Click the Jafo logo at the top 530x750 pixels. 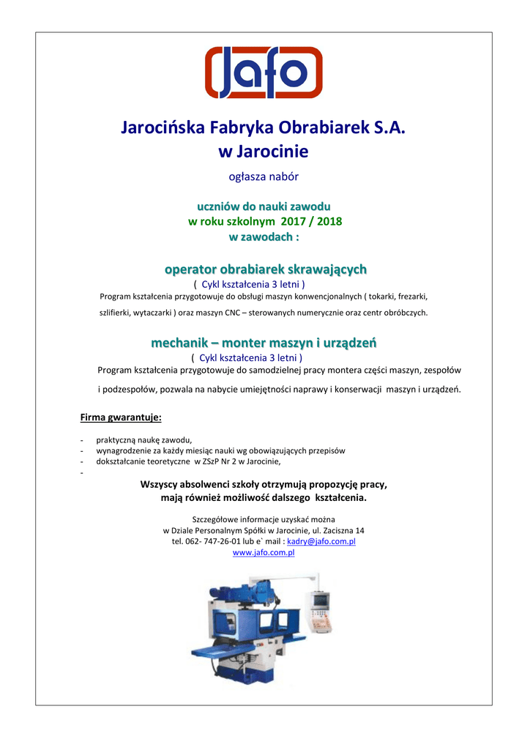point(264,73)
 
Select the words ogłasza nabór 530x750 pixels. point(264,177)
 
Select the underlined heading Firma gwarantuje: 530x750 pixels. point(121,417)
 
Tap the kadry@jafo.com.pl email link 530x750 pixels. point(321,541)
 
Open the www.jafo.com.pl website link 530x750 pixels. point(264,553)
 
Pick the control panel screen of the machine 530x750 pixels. point(320,601)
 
